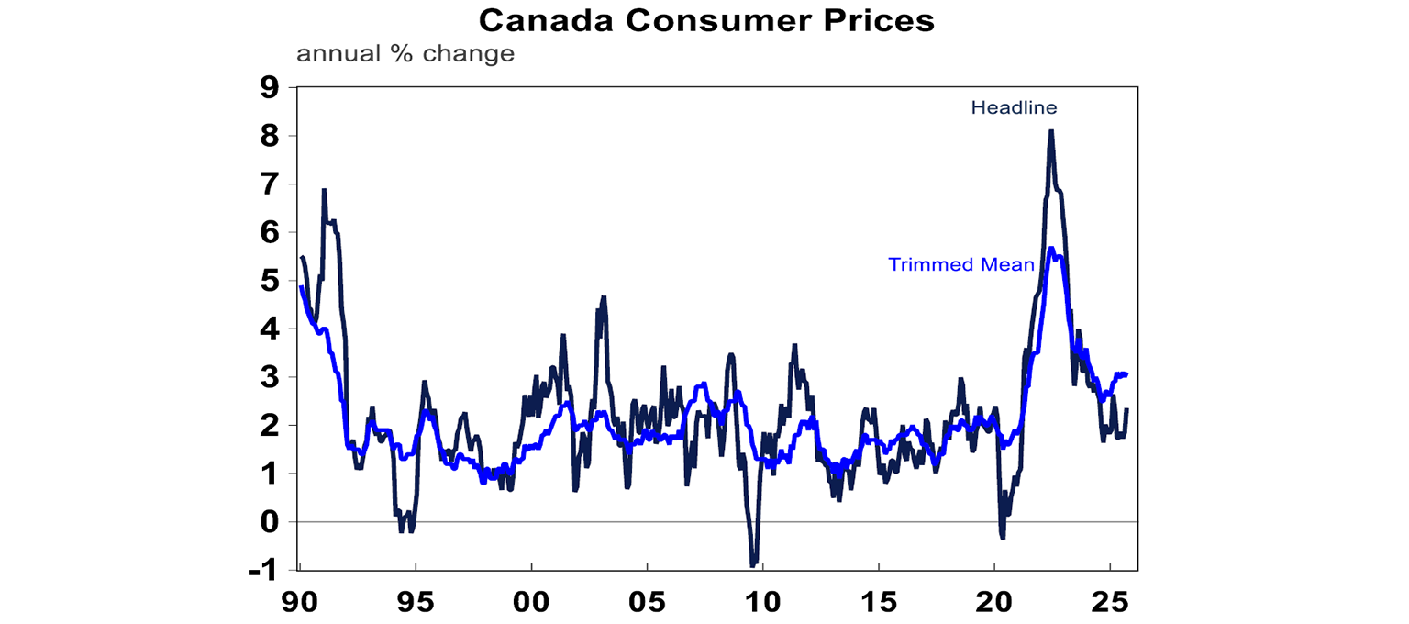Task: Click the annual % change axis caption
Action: pyautogui.click(x=405, y=54)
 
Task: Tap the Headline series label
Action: pyautogui.click(x=1014, y=108)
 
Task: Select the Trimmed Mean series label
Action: pyautogui.click(x=961, y=265)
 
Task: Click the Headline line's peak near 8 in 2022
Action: pyautogui.click(x=1050, y=130)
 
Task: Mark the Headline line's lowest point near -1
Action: pyautogui.click(x=753, y=565)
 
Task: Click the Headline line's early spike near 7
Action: pyautogui.click(x=324, y=190)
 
